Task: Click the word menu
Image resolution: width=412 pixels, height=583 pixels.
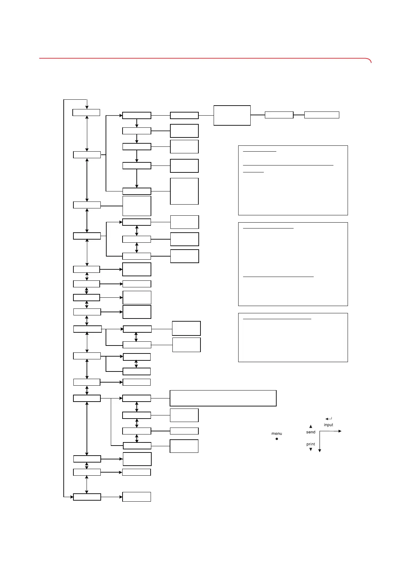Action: coord(277,433)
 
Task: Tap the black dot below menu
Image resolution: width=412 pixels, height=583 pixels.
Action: coord(277,439)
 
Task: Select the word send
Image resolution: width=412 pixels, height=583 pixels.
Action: coord(311,432)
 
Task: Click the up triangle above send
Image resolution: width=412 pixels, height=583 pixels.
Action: coord(311,427)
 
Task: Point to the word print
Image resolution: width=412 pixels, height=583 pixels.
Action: coord(311,444)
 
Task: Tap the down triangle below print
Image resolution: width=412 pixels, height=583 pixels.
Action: coord(311,449)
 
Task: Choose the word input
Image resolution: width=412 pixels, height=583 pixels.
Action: coord(329,425)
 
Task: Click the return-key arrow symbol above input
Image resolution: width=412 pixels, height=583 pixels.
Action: coord(329,419)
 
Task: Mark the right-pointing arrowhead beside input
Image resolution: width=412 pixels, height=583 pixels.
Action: coord(340,431)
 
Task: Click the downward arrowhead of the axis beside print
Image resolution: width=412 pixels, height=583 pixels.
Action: coord(320,450)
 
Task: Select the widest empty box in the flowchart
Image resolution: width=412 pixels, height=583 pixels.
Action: coord(223,398)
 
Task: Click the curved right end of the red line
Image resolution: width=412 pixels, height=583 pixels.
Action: coord(370,61)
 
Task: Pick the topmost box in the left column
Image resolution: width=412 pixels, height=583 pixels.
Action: coord(86,113)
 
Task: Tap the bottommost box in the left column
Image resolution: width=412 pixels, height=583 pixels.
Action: coord(87,497)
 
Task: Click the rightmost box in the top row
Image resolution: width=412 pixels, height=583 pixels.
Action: coord(322,115)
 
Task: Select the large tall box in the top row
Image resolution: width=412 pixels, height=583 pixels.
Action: coord(232,115)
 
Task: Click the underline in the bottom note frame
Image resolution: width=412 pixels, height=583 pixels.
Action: coord(277,319)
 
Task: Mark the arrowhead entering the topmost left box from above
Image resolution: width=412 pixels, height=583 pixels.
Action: coord(87,107)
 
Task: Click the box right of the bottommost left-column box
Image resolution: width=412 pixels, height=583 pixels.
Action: coord(137,497)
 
